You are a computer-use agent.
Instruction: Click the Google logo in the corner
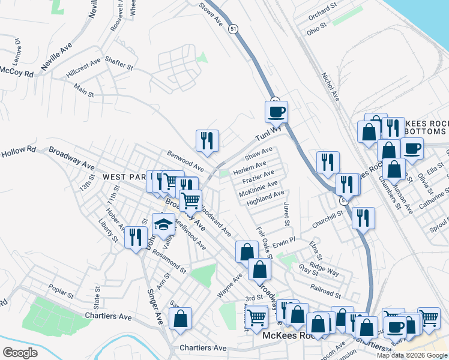(20, 353)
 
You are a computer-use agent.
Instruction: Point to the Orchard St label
(319, 11)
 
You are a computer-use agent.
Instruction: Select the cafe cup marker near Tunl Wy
(277, 112)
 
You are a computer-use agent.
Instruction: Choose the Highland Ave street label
(265, 196)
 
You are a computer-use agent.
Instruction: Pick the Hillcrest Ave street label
(83, 67)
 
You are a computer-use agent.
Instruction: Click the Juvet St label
(287, 214)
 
